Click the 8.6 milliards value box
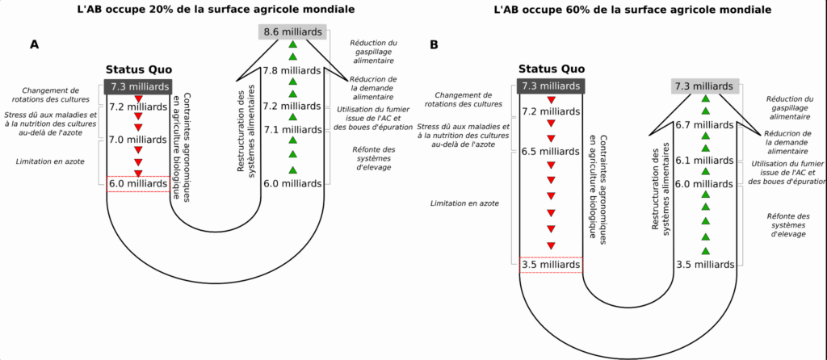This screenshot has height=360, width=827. point(292,31)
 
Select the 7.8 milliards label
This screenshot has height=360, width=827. point(292,71)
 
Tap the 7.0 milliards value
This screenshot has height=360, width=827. point(136,140)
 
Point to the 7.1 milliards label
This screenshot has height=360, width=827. point(292,129)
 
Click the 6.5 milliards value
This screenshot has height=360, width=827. point(550,151)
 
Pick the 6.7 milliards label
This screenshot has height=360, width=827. point(705,124)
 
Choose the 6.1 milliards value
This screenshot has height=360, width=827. point(705,161)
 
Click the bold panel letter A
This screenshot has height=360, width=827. point(34,44)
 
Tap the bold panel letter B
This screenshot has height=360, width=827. point(434,46)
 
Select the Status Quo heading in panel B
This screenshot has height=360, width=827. point(550,69)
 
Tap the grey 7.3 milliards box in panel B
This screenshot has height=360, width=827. point(705,86)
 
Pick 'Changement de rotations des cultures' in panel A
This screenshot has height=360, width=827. point(51,95)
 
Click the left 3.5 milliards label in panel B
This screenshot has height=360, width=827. point(550,264)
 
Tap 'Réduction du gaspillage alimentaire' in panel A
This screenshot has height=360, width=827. point(372,51)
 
